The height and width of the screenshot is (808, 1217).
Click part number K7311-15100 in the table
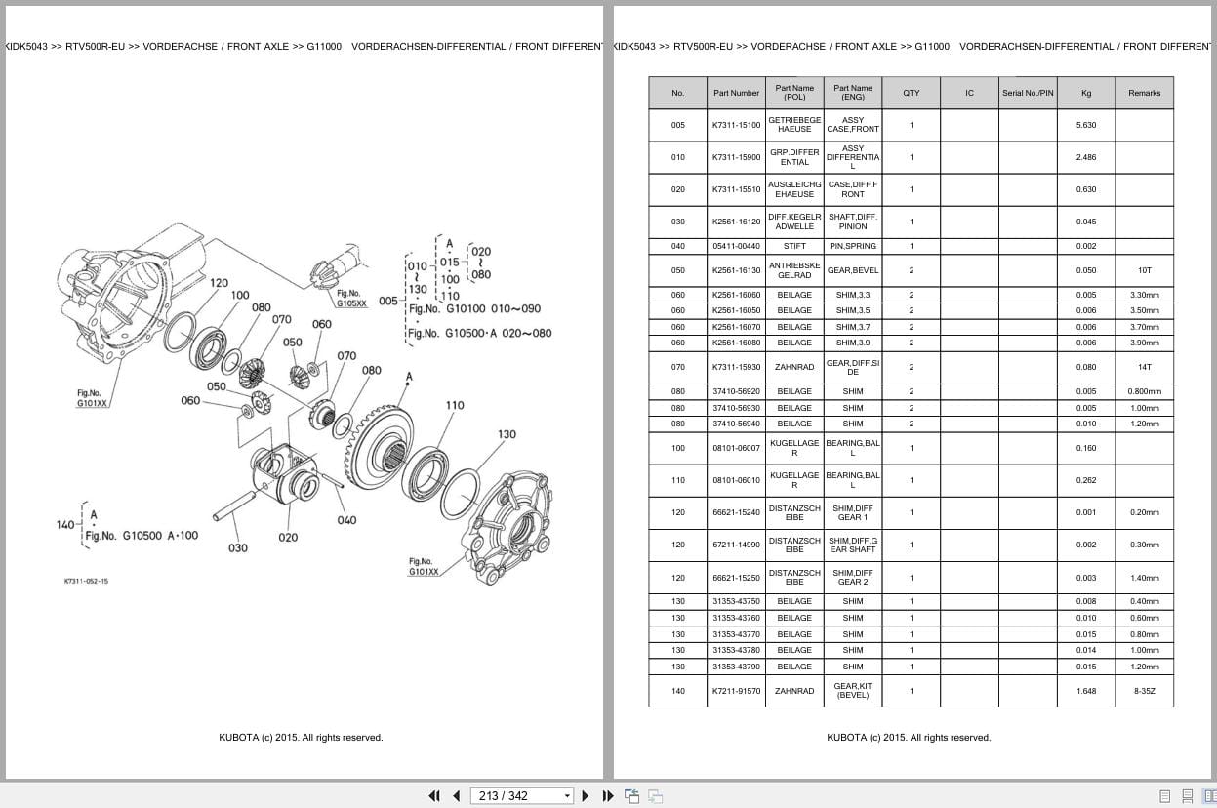pos(736,125)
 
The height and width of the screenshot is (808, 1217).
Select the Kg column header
pos(1085,93)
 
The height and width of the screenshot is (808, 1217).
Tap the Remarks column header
pos(1144,93)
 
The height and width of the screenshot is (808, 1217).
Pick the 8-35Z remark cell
pos(1144,691)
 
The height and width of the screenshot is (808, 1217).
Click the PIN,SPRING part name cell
pos(852,246)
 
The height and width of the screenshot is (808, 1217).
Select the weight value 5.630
pos(1085,125)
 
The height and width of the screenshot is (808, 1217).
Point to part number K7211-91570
pos(736,691)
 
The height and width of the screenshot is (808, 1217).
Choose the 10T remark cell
pos(1144,270)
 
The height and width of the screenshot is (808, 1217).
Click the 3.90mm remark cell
pos(1144,343)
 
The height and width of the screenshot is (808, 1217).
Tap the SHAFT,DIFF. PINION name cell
pos(852,222)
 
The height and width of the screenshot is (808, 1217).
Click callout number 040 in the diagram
pos(346,520)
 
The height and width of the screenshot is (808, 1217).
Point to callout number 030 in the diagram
pos(238,548)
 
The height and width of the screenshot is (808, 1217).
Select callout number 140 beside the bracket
pos(65,525)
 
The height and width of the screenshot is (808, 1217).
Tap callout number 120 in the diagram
pos(219,283)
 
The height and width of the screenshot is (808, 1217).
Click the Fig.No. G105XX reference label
pos(351,299)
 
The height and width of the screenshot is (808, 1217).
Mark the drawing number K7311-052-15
pos(86,581)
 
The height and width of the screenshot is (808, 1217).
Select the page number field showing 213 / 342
pos(522,795)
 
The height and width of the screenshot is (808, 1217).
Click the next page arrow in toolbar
pos(586,795)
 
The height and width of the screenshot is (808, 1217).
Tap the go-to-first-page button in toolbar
pos(434,795)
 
